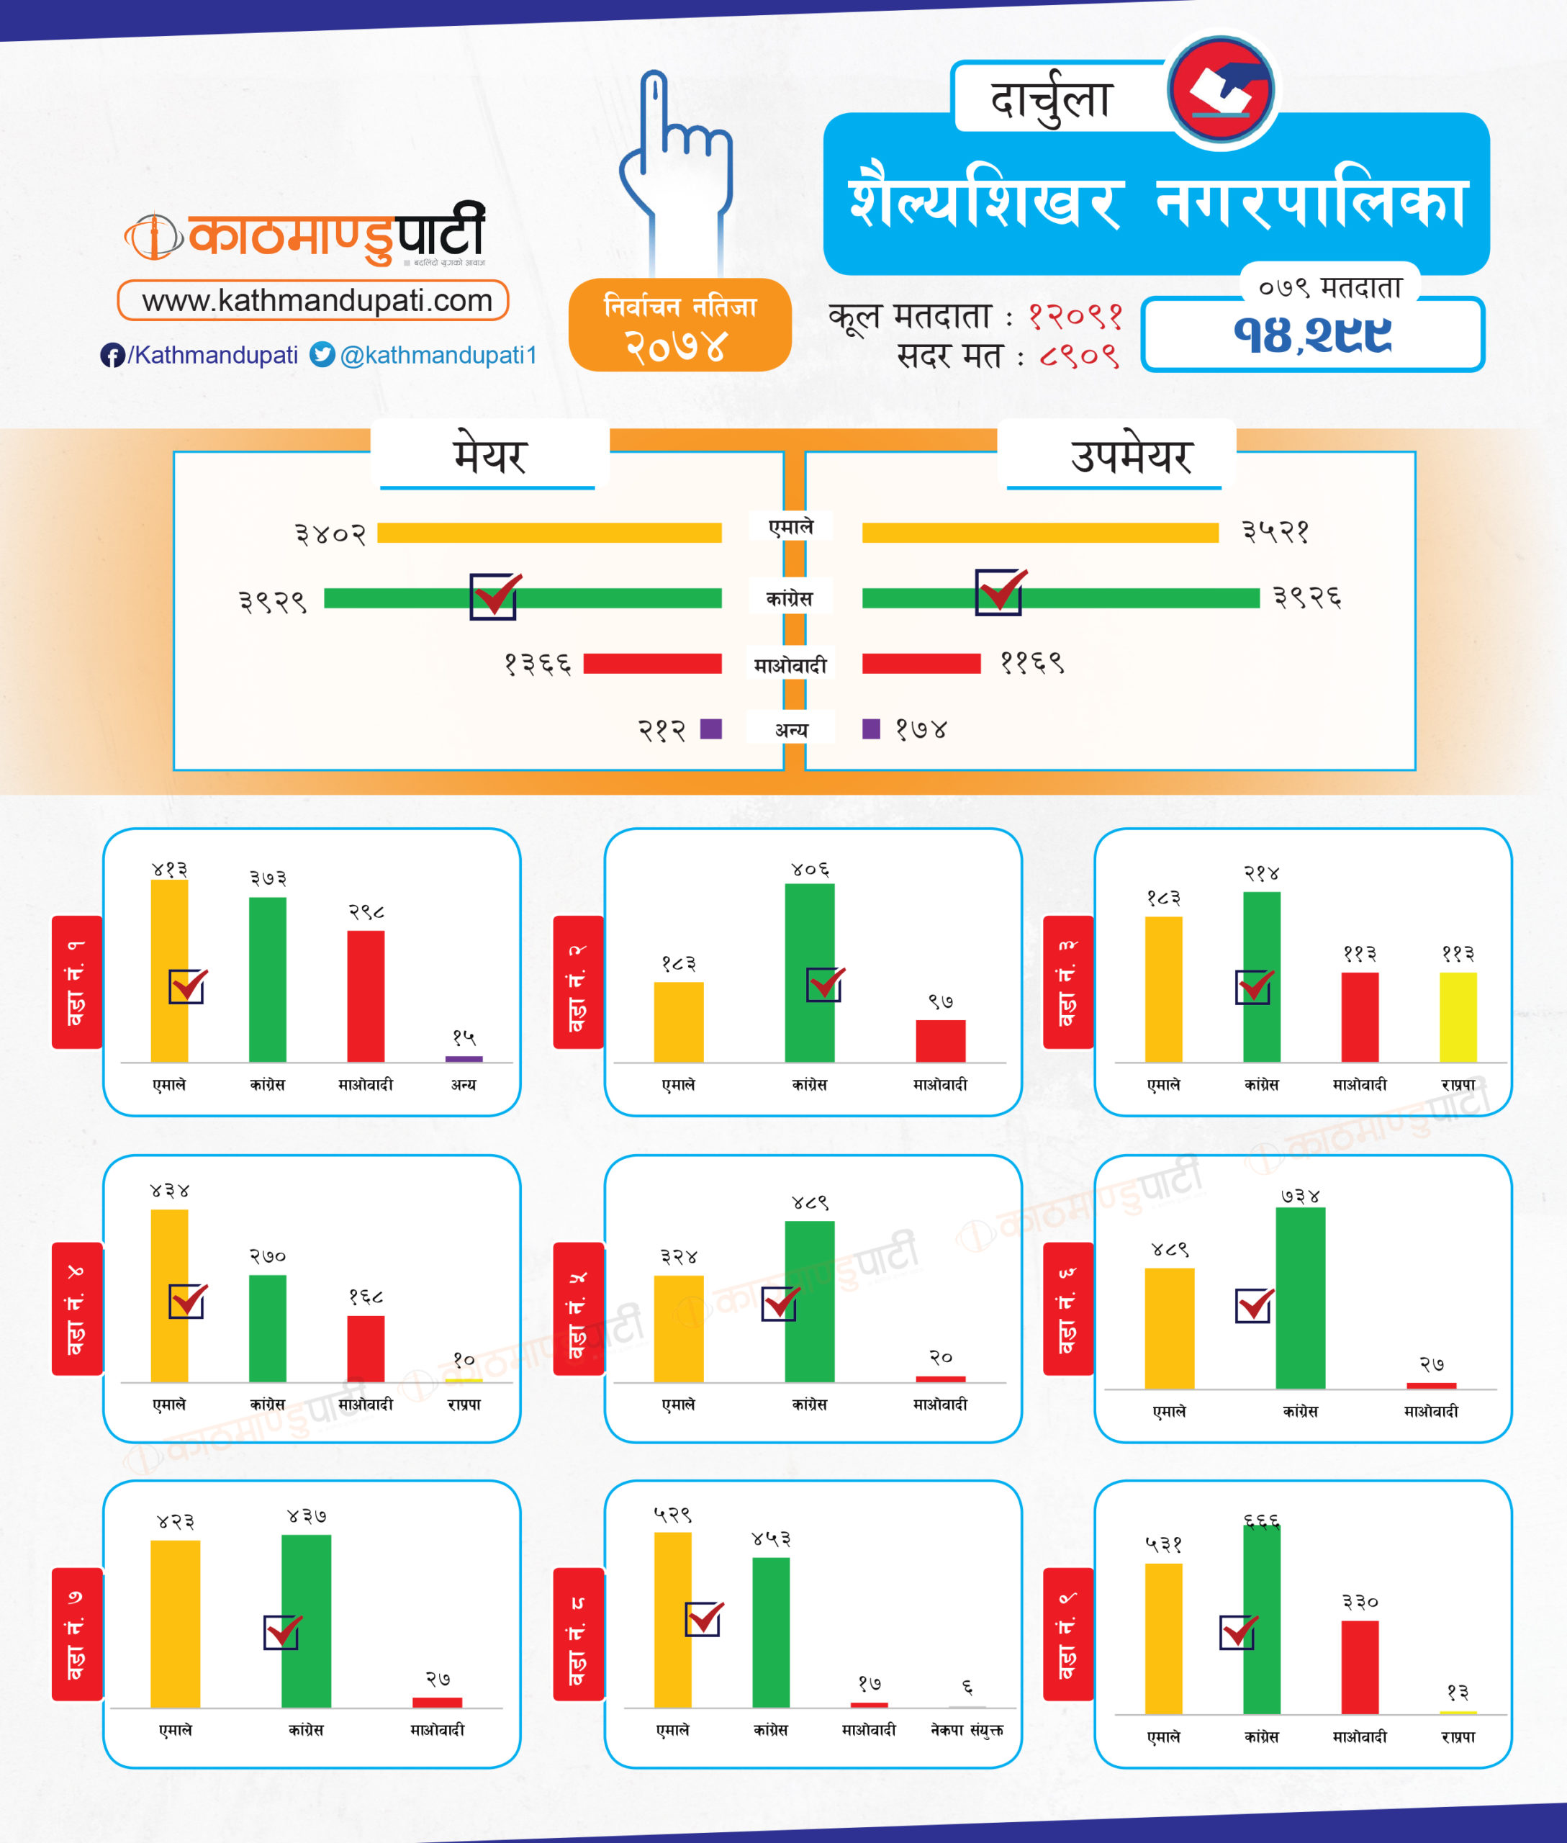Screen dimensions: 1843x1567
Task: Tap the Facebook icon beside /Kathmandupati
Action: (x=112, y=356)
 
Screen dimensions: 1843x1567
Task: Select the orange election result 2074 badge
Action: (x=679, y=325)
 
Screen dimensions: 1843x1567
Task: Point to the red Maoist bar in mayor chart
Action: (x=652, y=664)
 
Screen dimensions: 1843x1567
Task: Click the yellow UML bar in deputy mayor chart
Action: (x=1039, y=532)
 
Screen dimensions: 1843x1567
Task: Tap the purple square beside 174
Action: (x=872, y=729)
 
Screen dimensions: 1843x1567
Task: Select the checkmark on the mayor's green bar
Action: (x=495, y=595)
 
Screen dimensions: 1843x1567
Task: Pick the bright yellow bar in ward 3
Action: (x=1458, y=1017)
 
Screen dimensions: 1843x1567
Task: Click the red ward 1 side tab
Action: (x=77, y=982)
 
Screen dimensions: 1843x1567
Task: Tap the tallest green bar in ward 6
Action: (x=1300, y=1297)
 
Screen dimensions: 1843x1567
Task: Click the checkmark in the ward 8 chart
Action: (x=703, y=1619)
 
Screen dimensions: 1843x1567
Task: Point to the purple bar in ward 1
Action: (x=464, y=1058)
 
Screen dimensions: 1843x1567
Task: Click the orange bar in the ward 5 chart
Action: (x=679, y=1328)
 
